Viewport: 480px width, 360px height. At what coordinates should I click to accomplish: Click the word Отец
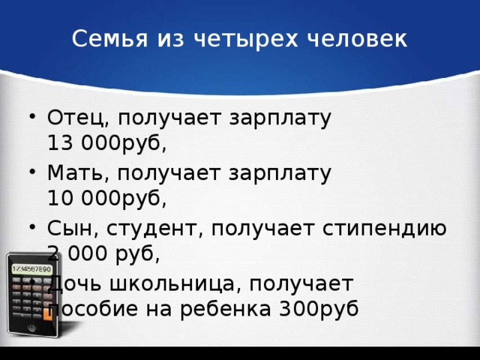[x=68, y=119]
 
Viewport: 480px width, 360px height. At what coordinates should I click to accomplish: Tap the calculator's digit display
[x=31, y=268]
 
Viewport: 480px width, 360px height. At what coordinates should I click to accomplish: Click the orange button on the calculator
[x=48, y=313]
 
